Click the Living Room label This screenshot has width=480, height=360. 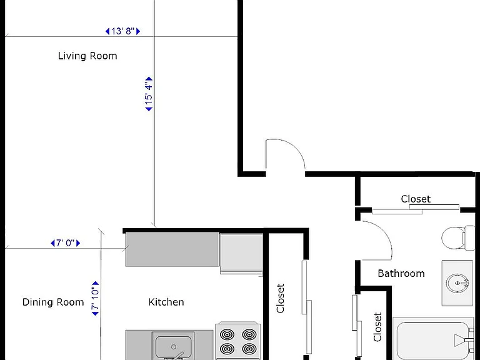87,56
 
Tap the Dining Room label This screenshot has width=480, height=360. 53,302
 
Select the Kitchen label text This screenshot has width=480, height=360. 166,302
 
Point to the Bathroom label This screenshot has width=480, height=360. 401,273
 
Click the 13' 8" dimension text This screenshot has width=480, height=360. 122,31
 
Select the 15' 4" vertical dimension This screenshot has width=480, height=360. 149,94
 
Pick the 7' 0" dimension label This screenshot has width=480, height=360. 65,243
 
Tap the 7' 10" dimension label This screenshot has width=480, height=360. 96,298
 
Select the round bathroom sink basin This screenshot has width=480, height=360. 457,283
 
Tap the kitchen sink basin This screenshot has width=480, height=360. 173,347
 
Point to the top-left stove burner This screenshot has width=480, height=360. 227,334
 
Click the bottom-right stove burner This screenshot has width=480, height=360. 249,349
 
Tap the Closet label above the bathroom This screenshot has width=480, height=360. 416,199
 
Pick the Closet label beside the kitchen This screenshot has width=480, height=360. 281,298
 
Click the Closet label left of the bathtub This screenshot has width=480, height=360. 377,327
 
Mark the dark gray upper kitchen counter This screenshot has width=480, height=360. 172,249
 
